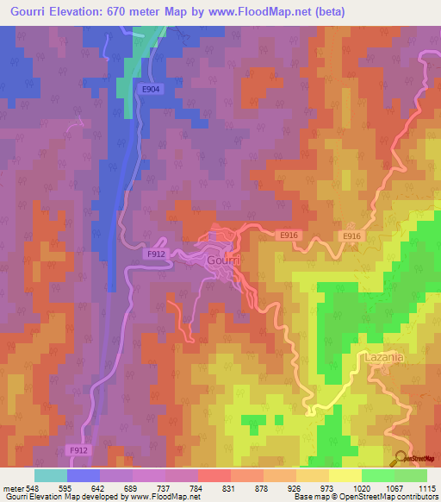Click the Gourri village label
coord(224,260)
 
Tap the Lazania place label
coord(386,356)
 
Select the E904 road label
coord(152,89)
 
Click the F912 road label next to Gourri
coord(156,254)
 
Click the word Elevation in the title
coord(82,10)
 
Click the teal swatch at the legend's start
coord(51,475)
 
